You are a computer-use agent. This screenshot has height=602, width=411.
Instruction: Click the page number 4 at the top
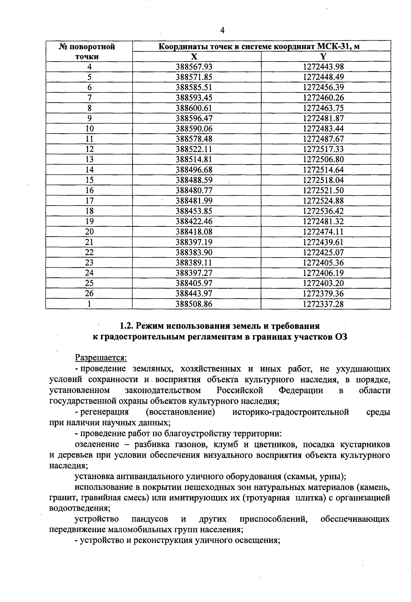coord(222,30)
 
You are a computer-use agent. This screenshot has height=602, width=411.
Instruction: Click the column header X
coord(194,56)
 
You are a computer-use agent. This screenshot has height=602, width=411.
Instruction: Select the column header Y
coord(323,56)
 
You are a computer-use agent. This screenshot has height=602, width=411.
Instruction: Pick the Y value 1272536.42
coord(323,211)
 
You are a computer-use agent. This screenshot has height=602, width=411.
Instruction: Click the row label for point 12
coord(89,149)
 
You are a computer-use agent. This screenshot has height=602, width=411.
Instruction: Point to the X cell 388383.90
coord(194,252)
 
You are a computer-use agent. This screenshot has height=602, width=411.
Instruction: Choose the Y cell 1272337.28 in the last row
coord(323,304)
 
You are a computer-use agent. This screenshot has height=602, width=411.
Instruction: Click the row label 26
coord(89,293)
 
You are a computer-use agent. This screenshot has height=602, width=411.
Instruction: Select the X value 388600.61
coord(194,108)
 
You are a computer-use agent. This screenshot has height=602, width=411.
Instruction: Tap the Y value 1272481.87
coord(323,118)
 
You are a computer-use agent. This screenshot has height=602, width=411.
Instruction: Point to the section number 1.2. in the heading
coord(127,325)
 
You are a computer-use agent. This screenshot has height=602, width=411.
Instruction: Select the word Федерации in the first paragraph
coord(301,390)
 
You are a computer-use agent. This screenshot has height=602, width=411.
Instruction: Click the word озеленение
coord(97,444)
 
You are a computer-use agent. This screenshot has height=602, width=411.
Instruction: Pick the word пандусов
coord(150,519)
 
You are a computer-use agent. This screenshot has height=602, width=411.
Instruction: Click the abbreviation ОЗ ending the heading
coord(340,337)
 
